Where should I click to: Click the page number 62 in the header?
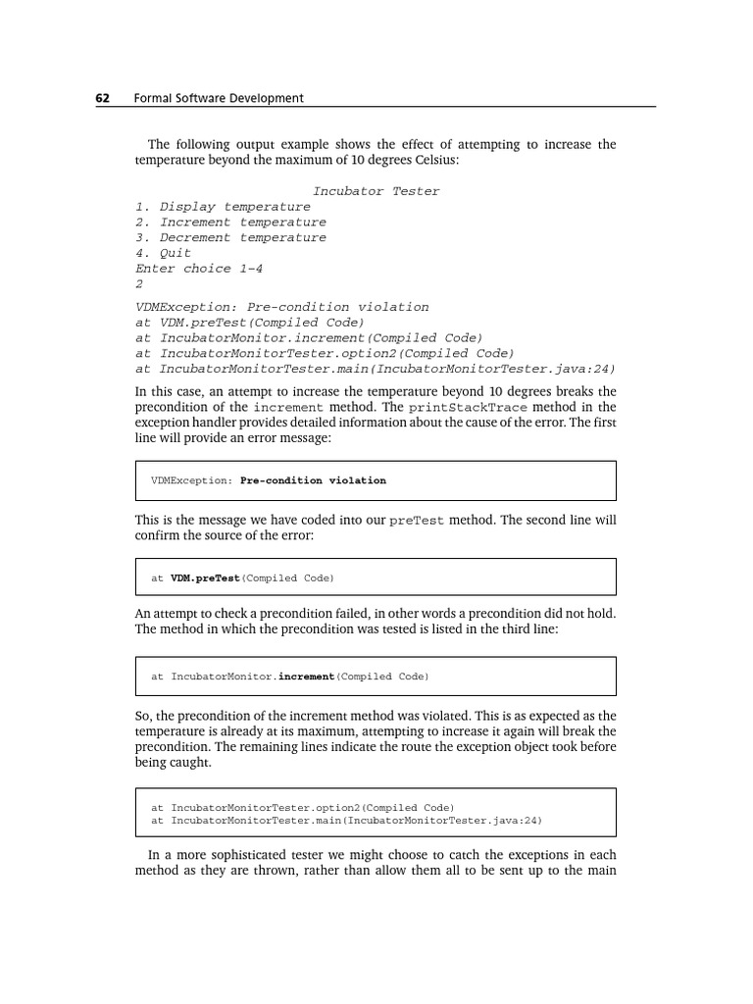(101, 98)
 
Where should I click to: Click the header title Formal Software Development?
(218, 98)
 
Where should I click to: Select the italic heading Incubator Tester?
(376, 191)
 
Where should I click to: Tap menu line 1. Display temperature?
(223, 207)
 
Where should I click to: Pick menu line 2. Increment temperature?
(230, 223)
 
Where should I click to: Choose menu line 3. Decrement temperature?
(230, 237)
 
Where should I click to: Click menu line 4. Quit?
(163, 253)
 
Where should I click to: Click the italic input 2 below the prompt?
(139, 283)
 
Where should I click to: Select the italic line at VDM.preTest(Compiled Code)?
(249, 323)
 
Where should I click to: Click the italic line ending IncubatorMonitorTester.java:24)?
(375, 369)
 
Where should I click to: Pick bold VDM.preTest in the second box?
(205, 578)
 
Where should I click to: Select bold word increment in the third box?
(306, 677)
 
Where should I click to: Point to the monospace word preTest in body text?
(417, 521)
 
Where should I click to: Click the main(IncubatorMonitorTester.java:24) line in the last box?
(346, 820)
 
